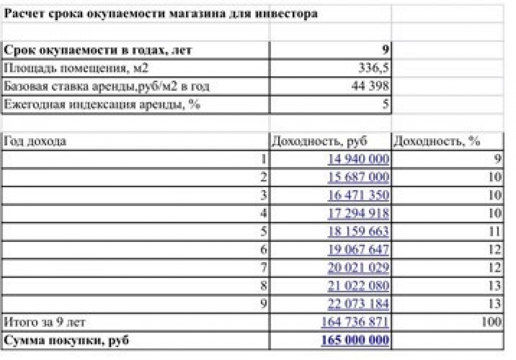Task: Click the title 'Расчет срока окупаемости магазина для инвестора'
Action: coord(160,14)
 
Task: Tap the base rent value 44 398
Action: coord(369,86)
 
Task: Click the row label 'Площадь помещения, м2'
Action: coord(76,68)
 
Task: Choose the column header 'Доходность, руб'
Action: coord(319,141)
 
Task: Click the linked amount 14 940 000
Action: coord(358,159)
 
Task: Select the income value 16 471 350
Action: coord(358,195)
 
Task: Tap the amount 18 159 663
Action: coord(358,231)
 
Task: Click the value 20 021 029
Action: coord(358,268)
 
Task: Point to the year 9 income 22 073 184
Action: coord(358,303)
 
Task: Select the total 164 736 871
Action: coord(354,322)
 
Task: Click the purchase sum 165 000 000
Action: coord(354,340)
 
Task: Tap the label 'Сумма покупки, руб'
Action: coord(66,340)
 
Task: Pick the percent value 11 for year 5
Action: coord(495,231)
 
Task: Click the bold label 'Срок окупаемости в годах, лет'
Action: coord(98,50)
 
